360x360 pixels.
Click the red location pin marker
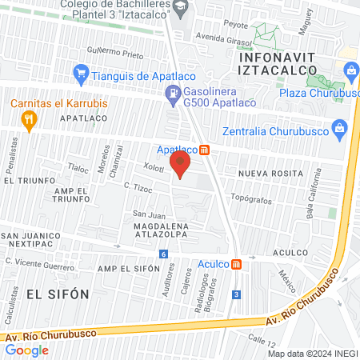coord(181,165)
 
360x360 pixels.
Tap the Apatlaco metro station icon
coord(205,150)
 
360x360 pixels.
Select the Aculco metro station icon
coord(236,264)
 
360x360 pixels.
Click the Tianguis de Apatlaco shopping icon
coord(80,75)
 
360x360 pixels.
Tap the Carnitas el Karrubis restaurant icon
coord(30,120)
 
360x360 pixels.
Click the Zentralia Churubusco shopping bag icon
coord(340,126)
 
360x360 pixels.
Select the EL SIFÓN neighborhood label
coord(58,294)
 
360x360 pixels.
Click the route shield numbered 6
coord(164,254)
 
